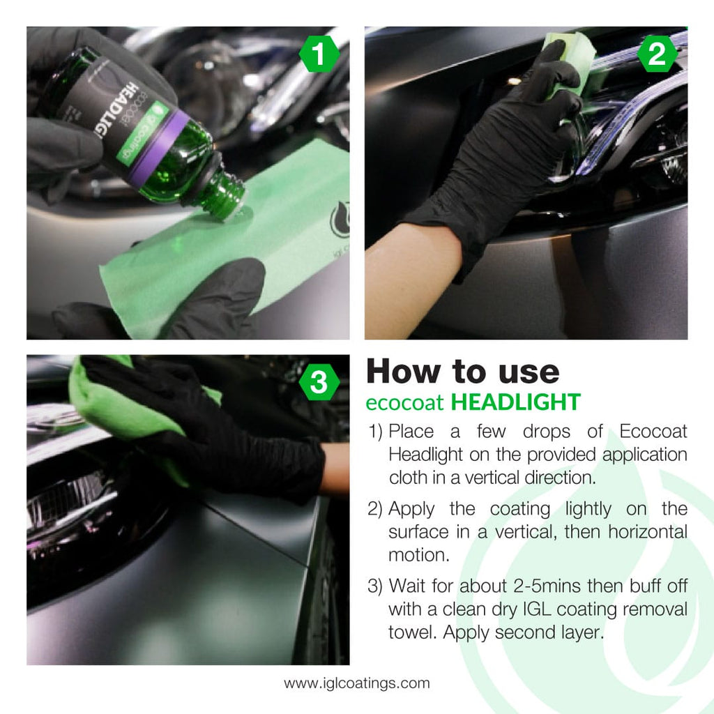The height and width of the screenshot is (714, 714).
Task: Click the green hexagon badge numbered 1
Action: click(319, 56)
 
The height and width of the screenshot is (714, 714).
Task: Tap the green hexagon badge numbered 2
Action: click(657, 56)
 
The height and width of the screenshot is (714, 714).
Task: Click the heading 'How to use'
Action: click(462, 372)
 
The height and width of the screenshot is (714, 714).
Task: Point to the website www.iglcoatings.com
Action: click(356, 683)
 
